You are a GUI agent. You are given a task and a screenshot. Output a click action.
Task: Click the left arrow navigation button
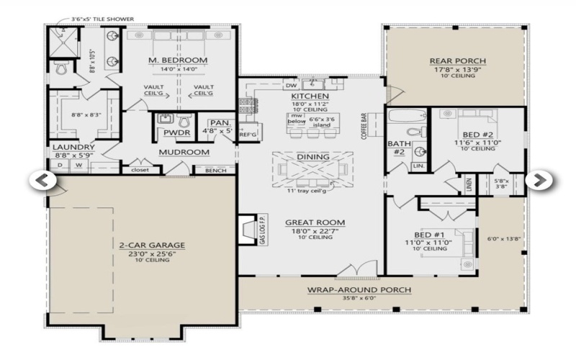[x=42, y=179]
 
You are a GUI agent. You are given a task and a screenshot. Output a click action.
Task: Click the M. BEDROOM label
[x=178, y=60]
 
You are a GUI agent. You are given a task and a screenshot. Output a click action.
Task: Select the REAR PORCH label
[x=457, y=60]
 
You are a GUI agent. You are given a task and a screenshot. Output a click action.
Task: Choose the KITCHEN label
[x=310, y=96]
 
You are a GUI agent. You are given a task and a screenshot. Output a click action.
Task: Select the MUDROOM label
[x=184, y=152]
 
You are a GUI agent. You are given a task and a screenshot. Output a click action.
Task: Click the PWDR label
[x=176, y=132]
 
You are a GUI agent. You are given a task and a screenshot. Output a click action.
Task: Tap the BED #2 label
[x=478, y=134]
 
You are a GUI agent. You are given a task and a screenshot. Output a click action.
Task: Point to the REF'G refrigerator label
[x=248, y=134]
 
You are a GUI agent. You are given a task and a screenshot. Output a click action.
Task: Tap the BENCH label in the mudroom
[x=215, y=171]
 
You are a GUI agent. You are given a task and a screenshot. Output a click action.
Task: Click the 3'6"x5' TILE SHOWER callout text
[x=102, y=19]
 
